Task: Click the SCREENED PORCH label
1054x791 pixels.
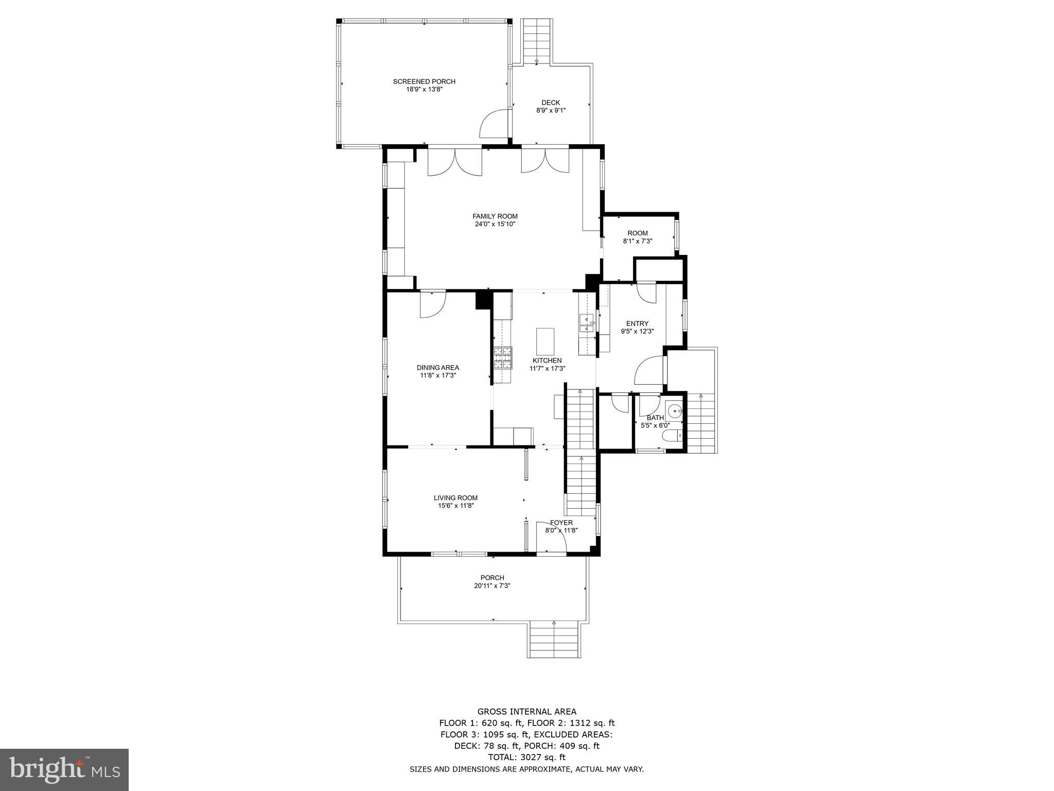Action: [424, 81]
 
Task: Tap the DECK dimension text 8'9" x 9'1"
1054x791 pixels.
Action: [551, 110]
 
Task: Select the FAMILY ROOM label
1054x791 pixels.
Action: [495, 216]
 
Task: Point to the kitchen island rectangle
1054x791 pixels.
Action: [545, 339]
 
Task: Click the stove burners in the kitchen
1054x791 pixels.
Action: [503, 358]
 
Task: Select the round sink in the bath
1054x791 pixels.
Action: [675, 410]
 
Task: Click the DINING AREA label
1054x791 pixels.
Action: [438, 368]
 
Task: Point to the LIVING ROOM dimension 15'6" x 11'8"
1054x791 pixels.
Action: [455, 506]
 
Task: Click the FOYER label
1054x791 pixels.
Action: [561, 523]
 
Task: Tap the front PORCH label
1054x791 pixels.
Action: [493, 578]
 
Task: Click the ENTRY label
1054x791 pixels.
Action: [637, 323]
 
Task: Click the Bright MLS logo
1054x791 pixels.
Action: [64, 769]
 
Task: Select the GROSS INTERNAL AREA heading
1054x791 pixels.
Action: [526, 712]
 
